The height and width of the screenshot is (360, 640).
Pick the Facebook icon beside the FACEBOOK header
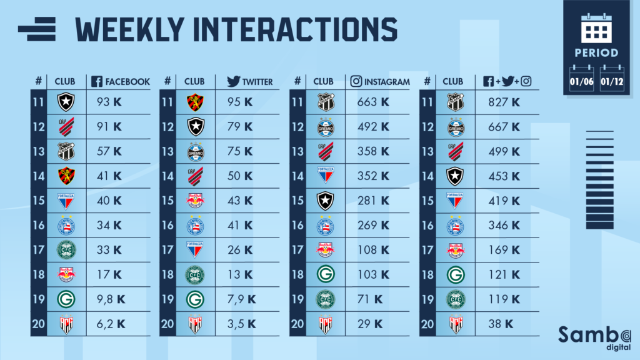click(x=97, y=81)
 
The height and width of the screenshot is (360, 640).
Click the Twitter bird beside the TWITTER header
click(x=234, y=81)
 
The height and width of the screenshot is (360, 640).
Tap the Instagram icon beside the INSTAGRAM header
click(x=356, y=81)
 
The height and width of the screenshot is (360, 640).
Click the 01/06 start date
click(x=582, y=79)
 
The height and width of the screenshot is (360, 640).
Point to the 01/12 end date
click(x=612, y=79)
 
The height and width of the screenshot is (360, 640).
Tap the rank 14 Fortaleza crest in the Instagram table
click(x=324, y=175)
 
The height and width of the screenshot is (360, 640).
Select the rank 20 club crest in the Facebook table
click(x=65, y=324)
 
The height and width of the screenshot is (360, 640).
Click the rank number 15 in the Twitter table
click(x=167, y=201)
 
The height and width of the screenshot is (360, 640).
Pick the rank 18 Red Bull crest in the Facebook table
click(x=65, y=274)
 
